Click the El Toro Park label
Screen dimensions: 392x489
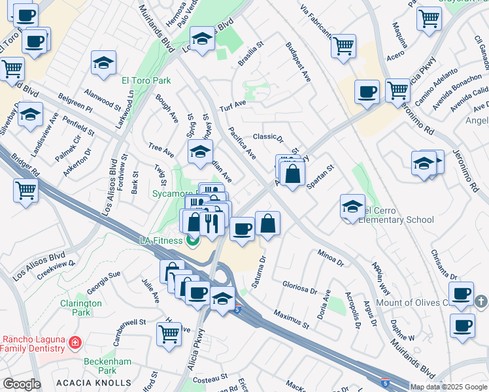(146, 80)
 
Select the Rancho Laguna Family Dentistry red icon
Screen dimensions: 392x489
(75, 342)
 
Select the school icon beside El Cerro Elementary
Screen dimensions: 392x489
(352, 207)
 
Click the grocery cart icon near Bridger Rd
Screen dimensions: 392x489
(25, 191)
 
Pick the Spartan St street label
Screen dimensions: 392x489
(320, 176)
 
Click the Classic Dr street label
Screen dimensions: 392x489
(268, 137)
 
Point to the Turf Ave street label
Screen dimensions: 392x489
(232, 104)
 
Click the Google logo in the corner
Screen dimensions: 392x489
(22, 384)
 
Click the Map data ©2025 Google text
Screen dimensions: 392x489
(448, 387)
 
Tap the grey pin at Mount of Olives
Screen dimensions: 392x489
(481, 301)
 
